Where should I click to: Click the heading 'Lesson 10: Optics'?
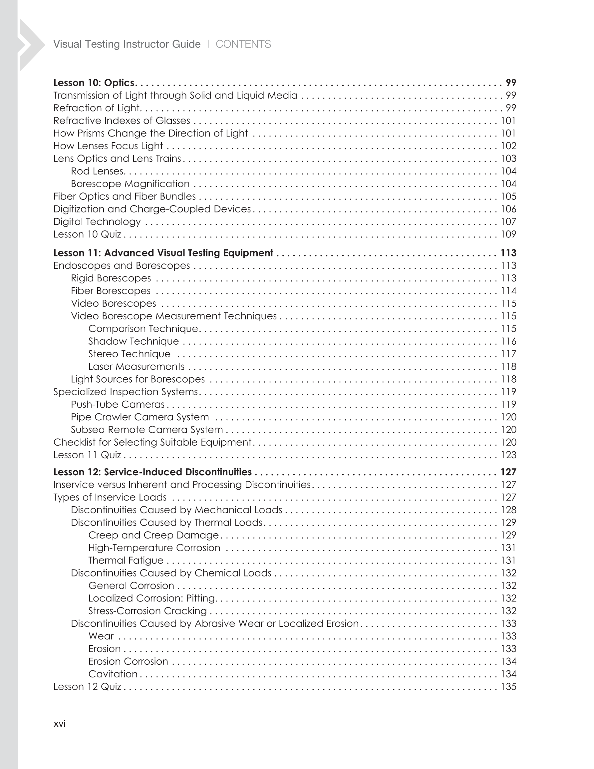[94, 83]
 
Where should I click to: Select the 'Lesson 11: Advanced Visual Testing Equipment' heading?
[163, 253]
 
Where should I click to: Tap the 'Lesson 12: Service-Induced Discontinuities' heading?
[152, 472]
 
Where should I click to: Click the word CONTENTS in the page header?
[243, 44]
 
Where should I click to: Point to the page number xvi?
[60, 723]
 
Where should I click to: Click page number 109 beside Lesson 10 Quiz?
[508, 234]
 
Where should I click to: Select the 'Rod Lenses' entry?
[98, 171]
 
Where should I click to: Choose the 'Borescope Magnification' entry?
[130, 184]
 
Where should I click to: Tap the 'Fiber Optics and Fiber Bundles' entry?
[124, 196]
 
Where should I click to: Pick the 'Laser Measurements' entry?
[136, 367]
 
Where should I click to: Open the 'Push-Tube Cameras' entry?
[118, 404]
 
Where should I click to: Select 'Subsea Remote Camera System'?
[147, 430]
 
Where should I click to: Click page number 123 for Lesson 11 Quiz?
[508, 455]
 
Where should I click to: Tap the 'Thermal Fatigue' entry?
[126, 560]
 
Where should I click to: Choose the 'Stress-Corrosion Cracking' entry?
[148, 611]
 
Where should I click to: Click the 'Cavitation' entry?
[113, 674]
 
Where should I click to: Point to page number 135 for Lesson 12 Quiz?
[508, 687]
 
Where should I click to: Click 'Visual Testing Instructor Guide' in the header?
[127, 44]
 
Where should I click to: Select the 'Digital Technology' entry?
[97, 222]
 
